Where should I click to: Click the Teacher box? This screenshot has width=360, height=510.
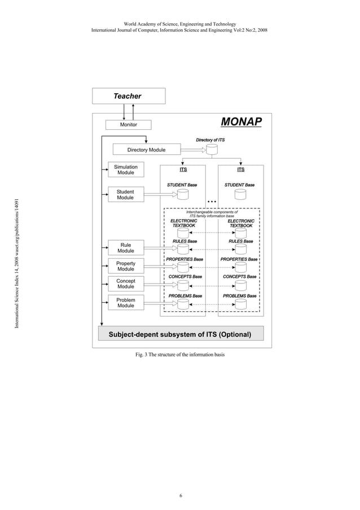pos(128,96)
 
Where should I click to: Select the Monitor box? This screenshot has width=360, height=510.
pos(128,124)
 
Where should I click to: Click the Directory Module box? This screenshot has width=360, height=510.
pos(146,150)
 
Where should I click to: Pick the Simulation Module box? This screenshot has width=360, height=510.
pos(125,170)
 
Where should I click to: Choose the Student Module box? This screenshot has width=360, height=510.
pos(125,195)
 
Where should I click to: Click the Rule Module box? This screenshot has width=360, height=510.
pos(125,247)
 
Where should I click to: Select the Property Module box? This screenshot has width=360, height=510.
pos(125,266)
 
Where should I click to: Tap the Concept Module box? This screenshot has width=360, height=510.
pos(125,284)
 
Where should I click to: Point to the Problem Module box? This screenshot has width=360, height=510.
pos(125,303)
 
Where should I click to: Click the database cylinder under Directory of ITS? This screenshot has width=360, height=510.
pos(211,150)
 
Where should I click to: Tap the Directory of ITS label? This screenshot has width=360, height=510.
pos(210,140)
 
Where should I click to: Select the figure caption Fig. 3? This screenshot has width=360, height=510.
pos(180,355)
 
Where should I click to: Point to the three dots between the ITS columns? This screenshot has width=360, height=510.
pos(212,202)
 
